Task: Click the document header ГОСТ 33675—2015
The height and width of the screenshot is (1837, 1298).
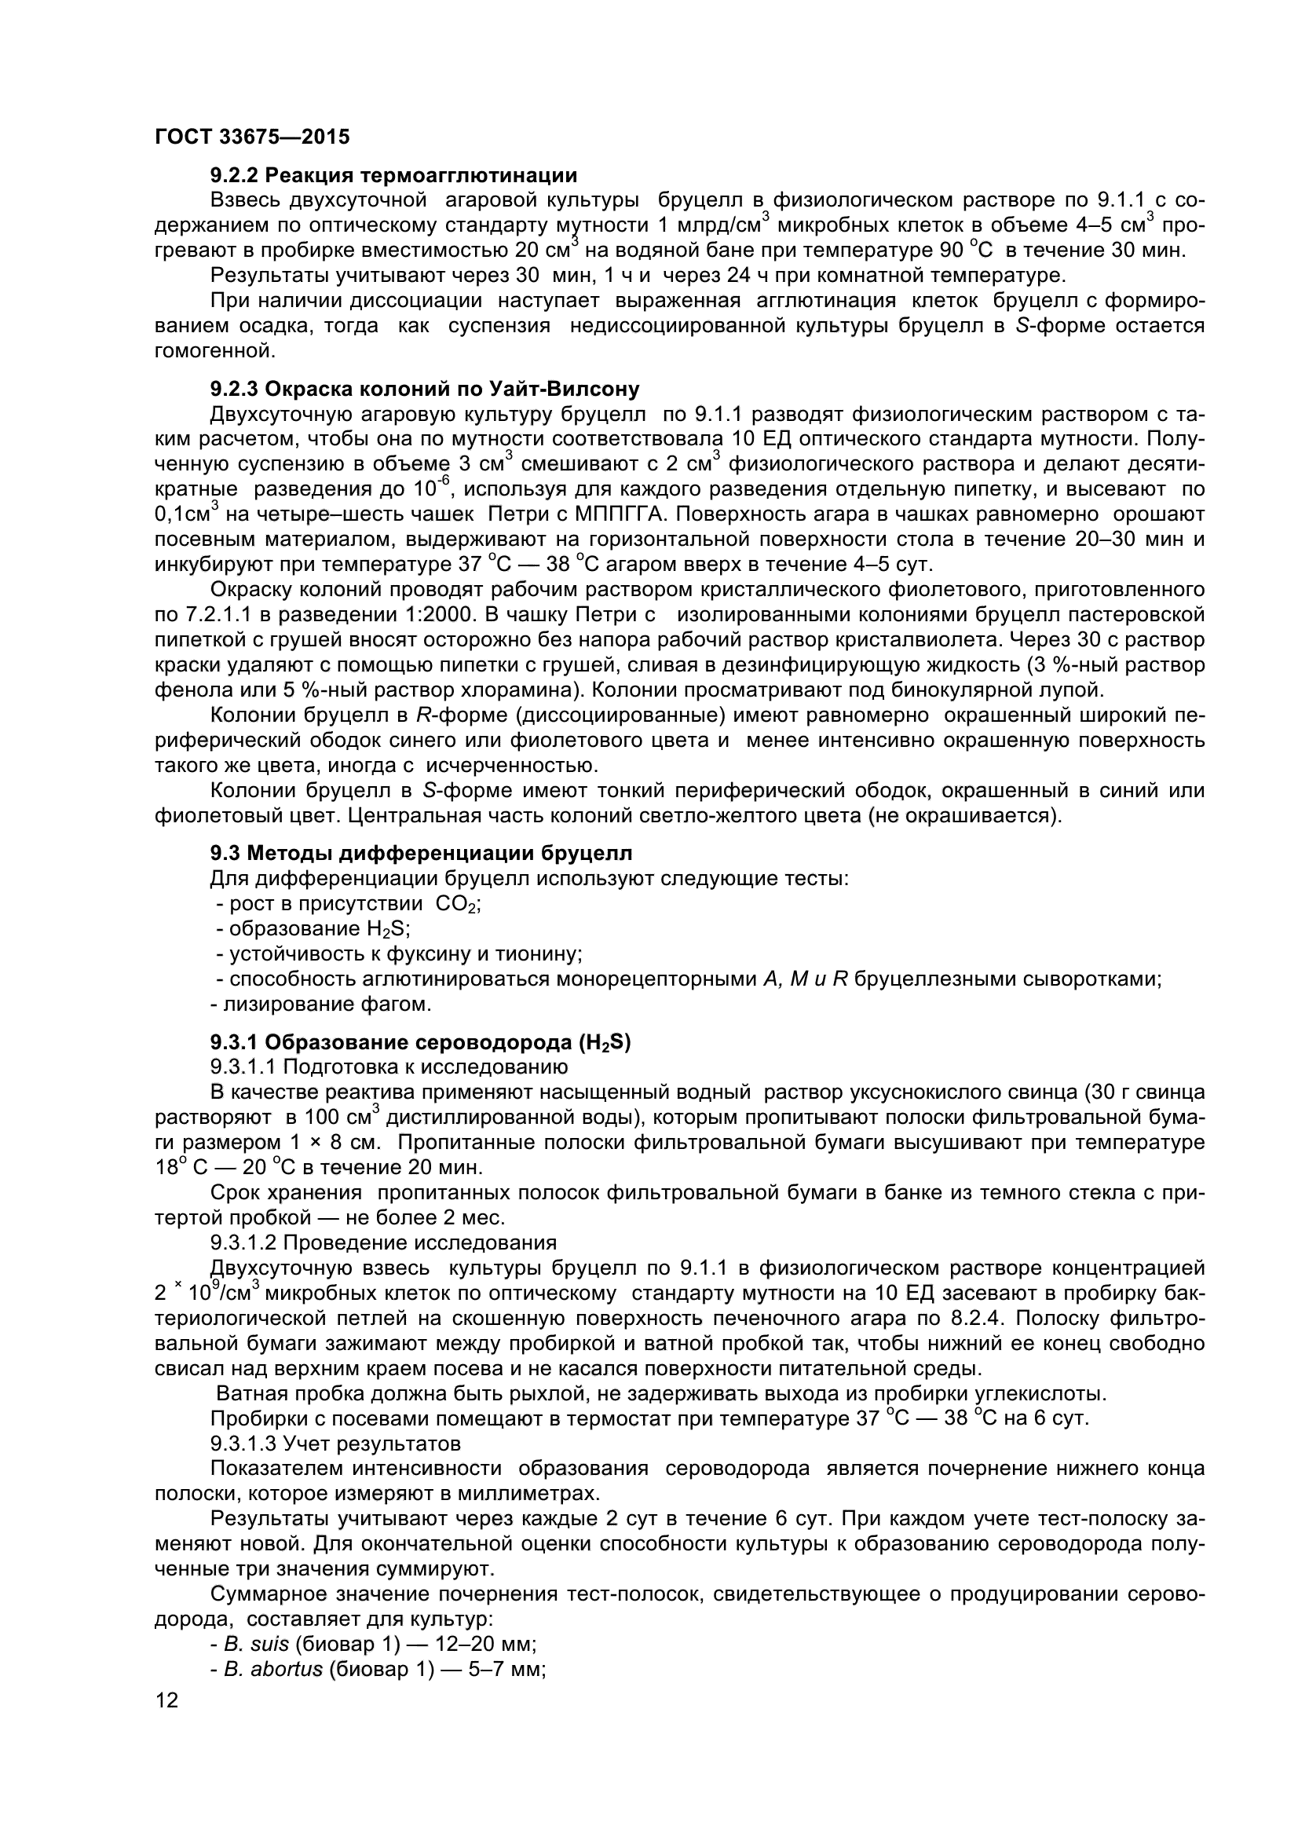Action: pos(252,137)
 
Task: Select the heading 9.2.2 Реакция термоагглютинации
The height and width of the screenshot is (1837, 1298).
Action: pos(393,174)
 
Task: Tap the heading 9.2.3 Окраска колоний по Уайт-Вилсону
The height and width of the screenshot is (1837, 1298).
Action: pos(425,390)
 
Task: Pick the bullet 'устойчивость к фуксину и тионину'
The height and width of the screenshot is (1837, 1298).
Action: pos(398,953)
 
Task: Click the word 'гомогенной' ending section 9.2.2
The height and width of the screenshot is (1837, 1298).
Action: pos(213,350)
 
